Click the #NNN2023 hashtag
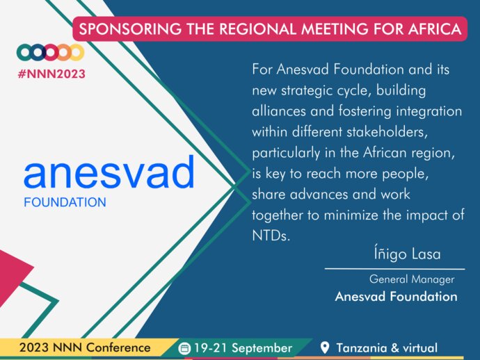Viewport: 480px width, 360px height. [x=51, y=74]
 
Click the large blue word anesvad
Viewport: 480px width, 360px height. [x=109, y=172]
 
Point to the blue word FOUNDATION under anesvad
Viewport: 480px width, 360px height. [x=65, y=202]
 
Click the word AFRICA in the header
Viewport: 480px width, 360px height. [x=435, y=29]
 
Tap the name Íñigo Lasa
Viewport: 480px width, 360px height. [x=407, y=254]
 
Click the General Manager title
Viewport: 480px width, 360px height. [x=412, y=279]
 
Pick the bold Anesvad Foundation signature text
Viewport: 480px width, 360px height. [x=396, y=296]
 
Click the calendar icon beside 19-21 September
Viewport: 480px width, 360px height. [x=184, y=348]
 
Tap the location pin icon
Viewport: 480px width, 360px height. [x=324, y=347]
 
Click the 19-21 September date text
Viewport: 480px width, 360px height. [x=243, y=348]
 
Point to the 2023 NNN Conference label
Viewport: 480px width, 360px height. [x=85, y=347]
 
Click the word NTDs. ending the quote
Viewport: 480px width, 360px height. [x=271, y=236]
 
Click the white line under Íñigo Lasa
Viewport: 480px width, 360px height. [x=395, y=269]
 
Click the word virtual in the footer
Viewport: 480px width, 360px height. [x=420, y=348]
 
